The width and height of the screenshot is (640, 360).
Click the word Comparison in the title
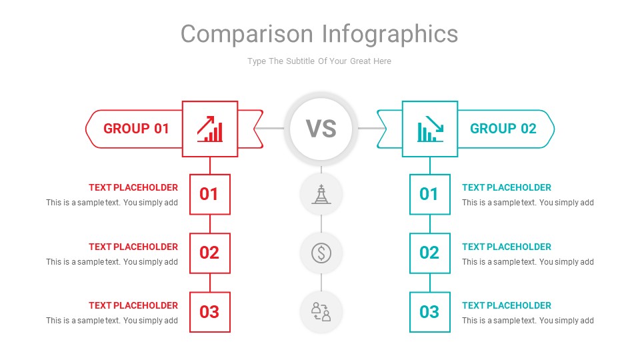tap(247, 34)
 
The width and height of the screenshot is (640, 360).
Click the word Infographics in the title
tap(390, 34)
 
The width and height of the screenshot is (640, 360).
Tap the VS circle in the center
tap(321, 129)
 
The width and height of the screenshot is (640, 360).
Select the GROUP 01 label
tap(136, 129)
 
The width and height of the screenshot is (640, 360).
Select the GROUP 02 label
tap(503, 129)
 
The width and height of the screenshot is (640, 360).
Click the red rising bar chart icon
tap(210, 129)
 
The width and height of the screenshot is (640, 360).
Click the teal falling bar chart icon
tap(430, 129)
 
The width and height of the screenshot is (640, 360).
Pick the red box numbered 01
tap(209, 194)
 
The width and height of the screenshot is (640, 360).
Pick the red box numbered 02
tap(209, 253)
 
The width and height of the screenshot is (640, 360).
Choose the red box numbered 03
tap(209, 311)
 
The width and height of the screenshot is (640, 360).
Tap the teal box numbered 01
tap(429, 194)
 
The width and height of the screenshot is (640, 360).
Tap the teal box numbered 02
tap(429, 253)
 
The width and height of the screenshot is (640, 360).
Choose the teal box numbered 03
tap(429, 311)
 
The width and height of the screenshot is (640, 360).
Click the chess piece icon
tap(321, 194)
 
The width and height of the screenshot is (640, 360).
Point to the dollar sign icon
tap(321, 253)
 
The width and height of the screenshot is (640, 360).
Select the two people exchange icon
tap(321, 311)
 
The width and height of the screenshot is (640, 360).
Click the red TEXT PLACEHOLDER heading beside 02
tap(133, 247)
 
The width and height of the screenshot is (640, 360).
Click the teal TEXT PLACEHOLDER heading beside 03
tap(507, 305)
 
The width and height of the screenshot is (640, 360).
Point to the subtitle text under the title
tap(319, 61)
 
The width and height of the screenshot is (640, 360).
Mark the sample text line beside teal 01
tap(527, 203)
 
